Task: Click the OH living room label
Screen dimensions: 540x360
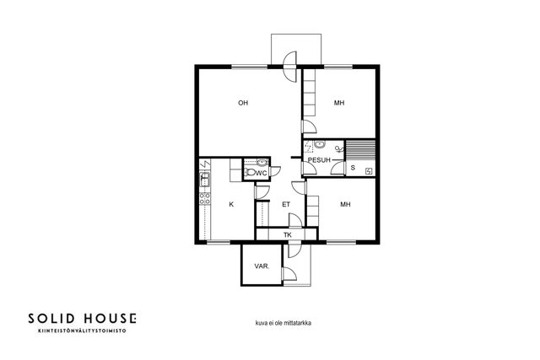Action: pos(243,103)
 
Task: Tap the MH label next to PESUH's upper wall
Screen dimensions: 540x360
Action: pos(339,103)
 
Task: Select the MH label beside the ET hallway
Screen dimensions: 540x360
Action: pos(345,204)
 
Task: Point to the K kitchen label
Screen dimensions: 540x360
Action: pos(231,204)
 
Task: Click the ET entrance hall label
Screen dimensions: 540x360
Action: pos(286,204)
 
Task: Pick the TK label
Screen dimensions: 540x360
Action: pos(288,235)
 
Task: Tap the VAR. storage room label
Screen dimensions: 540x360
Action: pos(262,266)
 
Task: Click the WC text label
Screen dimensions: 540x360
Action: pos(262,173)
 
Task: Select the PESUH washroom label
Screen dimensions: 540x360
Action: pos(319,160)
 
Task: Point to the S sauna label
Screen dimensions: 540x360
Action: pos(353,168)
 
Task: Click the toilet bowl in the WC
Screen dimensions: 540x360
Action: pos(250,173)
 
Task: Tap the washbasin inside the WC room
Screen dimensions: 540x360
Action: pos(262,162)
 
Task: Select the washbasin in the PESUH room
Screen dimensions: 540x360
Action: pos(320,144)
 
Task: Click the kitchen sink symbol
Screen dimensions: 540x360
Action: pos(204,180)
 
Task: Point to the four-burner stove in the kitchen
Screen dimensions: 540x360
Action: pos(205,199)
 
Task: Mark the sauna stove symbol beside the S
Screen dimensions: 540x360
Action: pos(369,171)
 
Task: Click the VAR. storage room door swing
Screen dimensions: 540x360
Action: pos(289,274)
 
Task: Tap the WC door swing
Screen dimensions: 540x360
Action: pos(275,171)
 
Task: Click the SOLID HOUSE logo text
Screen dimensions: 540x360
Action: pos(83,319)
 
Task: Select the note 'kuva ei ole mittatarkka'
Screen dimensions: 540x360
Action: pos(283,323)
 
